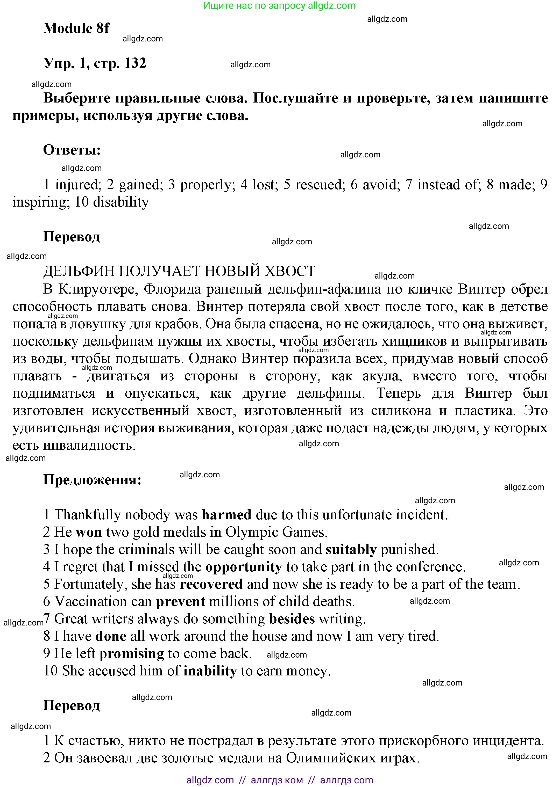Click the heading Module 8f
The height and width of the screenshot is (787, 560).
pos(76,28)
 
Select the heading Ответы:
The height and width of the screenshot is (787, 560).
pos(72,150)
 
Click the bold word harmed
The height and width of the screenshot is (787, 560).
pos(226,515)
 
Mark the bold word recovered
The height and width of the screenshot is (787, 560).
pos(211,584)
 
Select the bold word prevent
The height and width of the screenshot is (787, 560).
pos(180,602)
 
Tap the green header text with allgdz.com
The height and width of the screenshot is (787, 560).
pos(279,5)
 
